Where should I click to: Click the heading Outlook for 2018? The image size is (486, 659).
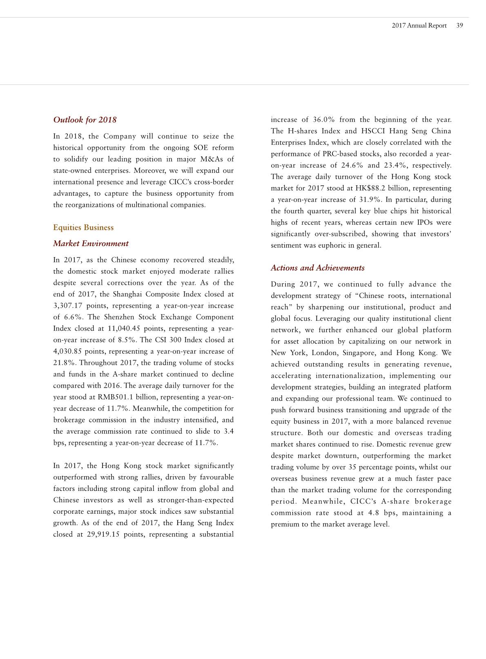pyautogui.click(x=85, y=120)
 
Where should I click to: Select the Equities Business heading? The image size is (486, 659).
pyautogui.click(x=83, y=227)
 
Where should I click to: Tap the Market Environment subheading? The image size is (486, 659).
pyautogui.click(x=91, y=244)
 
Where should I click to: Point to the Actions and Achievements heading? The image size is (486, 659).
pyautogui.click(x=317, y=268)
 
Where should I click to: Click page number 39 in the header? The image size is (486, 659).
pyautogui.click(x=459, y=25)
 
